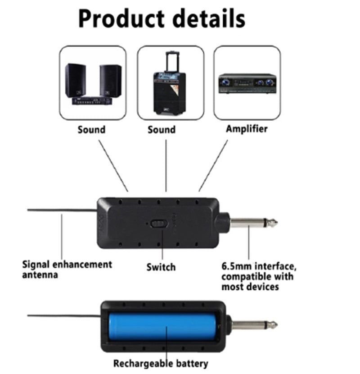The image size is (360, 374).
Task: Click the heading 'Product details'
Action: [x=162, y=19]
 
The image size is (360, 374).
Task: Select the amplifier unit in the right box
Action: [x=247, y=83]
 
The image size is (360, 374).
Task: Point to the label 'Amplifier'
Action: [x=247, y=129]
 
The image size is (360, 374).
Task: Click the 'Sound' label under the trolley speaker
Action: [x=162, y=130]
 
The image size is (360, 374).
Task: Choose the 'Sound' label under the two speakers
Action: [x=91, y=130]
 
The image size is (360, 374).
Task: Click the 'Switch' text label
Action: [x=161, y=267]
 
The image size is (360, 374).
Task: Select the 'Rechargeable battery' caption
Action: [x=161, y=363]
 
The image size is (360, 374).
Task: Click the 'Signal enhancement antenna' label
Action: [x=67, y=269]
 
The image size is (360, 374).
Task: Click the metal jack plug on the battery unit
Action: [x=254, y=324]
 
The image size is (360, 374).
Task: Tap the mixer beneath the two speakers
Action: [x=92, y=101]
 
